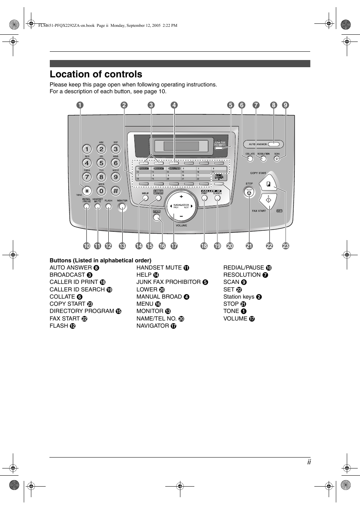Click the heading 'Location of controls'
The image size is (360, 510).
click(x=96, y=74)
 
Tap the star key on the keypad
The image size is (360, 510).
click(x=87, y=191)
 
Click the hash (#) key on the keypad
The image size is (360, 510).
click(x=116, y=191)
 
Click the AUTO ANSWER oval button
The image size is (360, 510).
click(x=276, y=144)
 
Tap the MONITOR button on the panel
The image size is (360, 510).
click(x=122, y=206)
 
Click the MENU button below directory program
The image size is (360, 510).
click(x=157, y=217)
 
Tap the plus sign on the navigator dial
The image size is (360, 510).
click(x=181, y=197)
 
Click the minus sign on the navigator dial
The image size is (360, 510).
click(x=181, y=216)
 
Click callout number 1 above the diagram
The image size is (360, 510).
click(x=80, y=105)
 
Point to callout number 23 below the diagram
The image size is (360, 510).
click(x=286, y=246)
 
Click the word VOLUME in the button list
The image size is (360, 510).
click(x=235, y=319)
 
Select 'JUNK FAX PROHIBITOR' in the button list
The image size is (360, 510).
click(x=168, y=282)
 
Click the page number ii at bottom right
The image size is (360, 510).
click(x=309, y=462)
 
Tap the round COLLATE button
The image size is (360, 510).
click(x=250, y=159)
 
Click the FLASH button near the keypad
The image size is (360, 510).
click(x=109, y=206)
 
